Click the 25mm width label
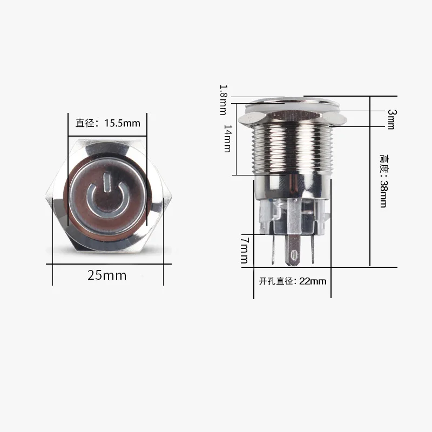[107, 275]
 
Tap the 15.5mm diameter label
[107, 123]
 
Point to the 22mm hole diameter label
[293, 281]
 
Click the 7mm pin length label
[245, 250]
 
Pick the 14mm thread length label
[227, 139]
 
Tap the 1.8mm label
[224, 100]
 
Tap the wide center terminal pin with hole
[294, 250]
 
